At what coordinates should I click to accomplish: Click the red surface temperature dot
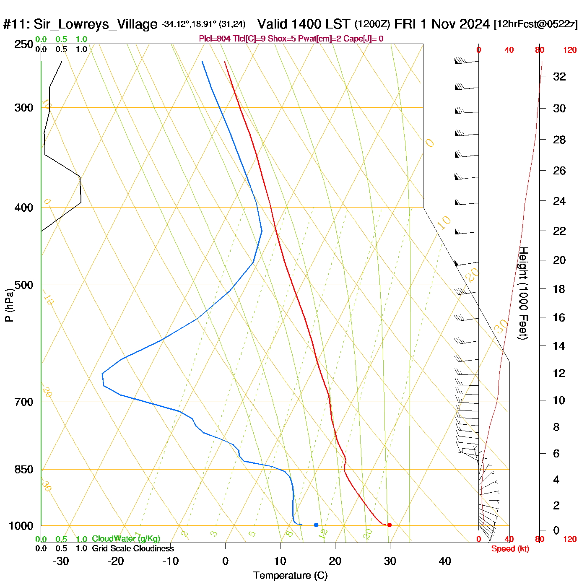[390, 525]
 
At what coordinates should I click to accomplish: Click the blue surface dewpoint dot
[316, 525]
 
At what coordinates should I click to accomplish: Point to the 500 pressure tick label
[24, 285]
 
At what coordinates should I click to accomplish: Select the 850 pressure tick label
[24, 470]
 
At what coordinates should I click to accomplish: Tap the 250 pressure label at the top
[24, 44]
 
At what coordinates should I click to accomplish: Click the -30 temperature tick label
[61, 561]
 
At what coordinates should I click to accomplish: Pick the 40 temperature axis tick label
[445, 561]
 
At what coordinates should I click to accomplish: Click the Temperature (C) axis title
[290, 576]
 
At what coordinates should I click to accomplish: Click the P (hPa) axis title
[9, 305]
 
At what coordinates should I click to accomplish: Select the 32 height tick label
[559, 77]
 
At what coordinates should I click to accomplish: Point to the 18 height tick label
[559, 289]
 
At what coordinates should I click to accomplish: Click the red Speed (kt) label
[510, 549]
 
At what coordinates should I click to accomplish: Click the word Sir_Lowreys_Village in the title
[95, 24]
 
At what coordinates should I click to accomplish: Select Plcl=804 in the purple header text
[215, 39]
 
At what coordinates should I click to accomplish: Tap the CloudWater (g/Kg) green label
[126, 539]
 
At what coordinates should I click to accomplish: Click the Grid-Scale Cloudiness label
[133, 548]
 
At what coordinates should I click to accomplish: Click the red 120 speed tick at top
[570, 50]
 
